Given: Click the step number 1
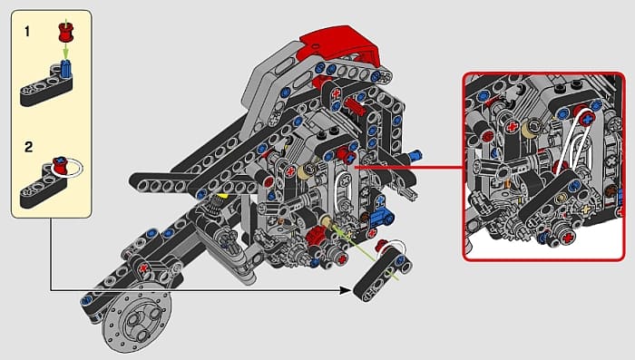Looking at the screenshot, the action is (27, 31).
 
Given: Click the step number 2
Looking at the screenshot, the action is (28, 147).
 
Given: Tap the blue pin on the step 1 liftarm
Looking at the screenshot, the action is (66, 68).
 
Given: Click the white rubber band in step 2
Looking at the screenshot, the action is (72, 168).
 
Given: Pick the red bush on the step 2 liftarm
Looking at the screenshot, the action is (59, 166).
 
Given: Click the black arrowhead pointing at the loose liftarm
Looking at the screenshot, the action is (345, 290).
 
